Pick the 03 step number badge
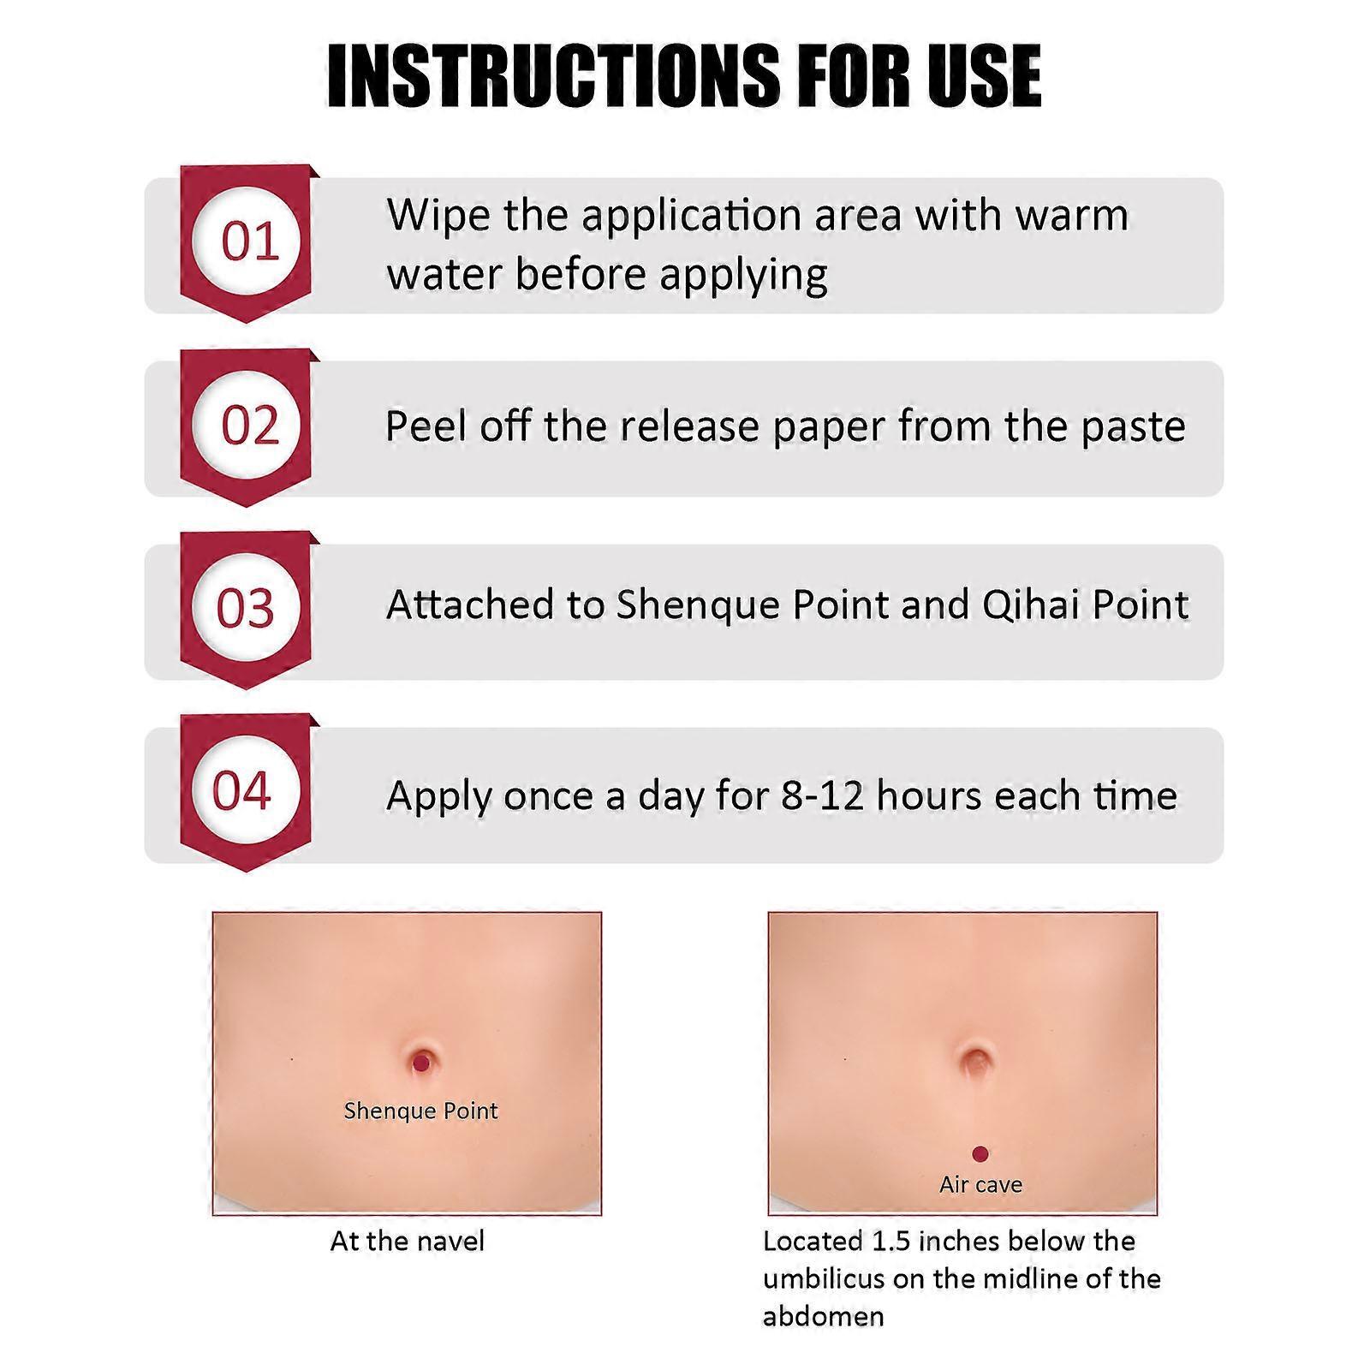click(246, 608)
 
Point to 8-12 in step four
click(821, 795)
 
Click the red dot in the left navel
click(421, 1063)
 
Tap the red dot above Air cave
click(980, 1154)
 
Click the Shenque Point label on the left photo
click(420, 1111)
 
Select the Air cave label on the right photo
click(980, 1185)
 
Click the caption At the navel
click(407, 1242)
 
